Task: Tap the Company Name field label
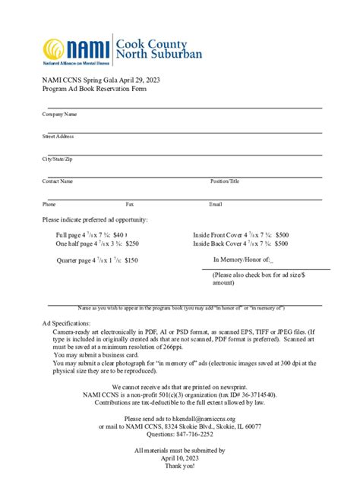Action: click(59, 115)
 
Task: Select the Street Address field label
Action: click(58, 137)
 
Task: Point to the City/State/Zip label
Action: click(58, 159)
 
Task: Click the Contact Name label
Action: click(58, 181)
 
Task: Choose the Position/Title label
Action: click(225, 181)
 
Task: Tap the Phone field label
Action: click(49, 204)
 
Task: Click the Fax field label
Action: click(130, 204)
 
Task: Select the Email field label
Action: click(216, 204)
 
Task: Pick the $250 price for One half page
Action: click(131, 244)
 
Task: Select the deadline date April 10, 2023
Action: click(179, 458)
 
